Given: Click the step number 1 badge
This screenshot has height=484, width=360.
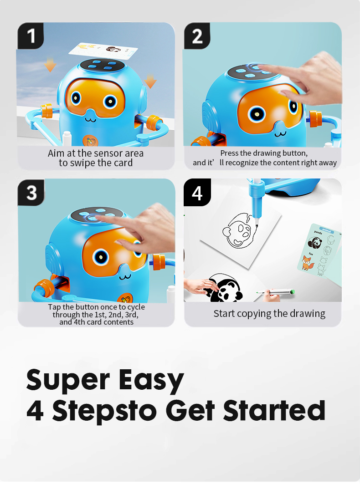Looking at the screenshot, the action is click(31, 36).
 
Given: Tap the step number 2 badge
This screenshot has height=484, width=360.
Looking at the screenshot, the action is click(197, 36).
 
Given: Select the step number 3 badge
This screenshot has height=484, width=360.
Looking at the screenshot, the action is click(31, 192).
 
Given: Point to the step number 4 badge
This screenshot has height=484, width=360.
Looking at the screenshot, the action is click(197, 192).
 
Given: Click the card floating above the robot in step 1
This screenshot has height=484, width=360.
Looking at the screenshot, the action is click(103, 50).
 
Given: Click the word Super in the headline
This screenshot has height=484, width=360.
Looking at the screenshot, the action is click(68, 380).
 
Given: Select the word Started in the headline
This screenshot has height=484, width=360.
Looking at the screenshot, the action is click(274, 410).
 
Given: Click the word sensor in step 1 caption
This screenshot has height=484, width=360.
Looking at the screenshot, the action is click(107, 153).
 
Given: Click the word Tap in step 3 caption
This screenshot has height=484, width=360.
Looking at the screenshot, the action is click(54, 307).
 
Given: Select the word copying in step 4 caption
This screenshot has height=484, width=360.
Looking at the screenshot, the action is click(254, 314).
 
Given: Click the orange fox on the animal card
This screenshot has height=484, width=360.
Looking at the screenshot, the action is click(308, 263).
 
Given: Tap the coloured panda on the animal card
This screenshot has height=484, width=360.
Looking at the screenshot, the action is click(315, 243).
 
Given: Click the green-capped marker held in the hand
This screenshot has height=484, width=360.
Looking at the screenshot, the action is click(276, 292).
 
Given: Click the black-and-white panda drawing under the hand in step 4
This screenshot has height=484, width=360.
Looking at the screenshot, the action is click(226, 288).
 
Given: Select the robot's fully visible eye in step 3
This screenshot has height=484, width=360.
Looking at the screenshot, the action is click(101, 256).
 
